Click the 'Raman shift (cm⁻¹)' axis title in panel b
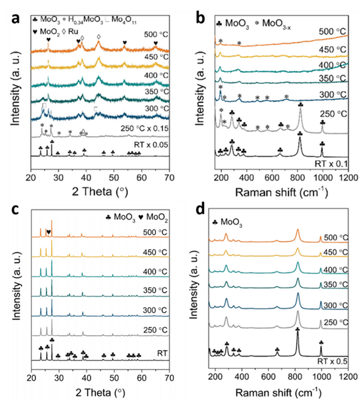[x=275, y=192]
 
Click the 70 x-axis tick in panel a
[x=170, y=178]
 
